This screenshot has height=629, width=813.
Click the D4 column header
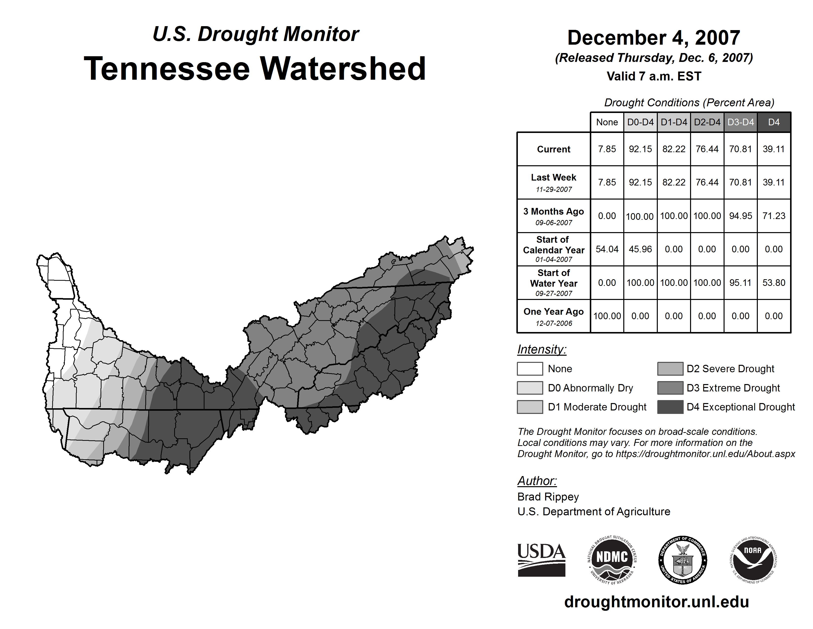(774, 122)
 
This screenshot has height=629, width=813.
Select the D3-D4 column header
(740, 122)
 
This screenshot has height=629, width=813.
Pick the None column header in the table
(607, 122)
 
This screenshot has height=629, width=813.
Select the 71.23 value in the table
(774, 216)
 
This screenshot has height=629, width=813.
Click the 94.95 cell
(740, 216)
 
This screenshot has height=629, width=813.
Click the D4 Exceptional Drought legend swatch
(670, 407)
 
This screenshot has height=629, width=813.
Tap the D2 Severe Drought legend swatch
(670, 369)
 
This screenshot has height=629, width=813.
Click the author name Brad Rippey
(548, 497)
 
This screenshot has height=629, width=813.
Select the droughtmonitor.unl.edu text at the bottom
(657, 602)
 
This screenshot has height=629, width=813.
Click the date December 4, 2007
(654, 38)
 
